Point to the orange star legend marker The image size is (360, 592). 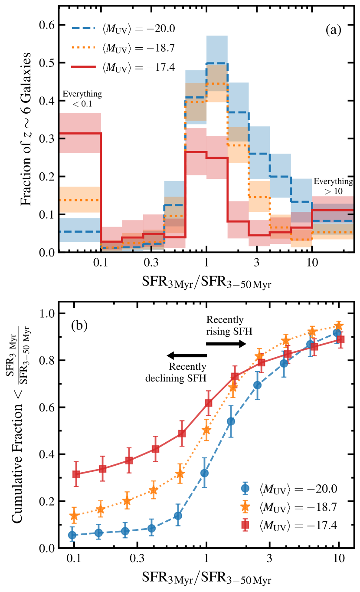coord(246,507)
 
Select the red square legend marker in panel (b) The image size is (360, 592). coord(246,526)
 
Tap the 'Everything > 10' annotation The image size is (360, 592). coord(334,186)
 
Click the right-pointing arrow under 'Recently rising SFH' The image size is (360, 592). coord(226,343)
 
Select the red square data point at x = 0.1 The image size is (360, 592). coord(76,474)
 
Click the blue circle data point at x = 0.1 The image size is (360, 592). coord(72,535)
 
